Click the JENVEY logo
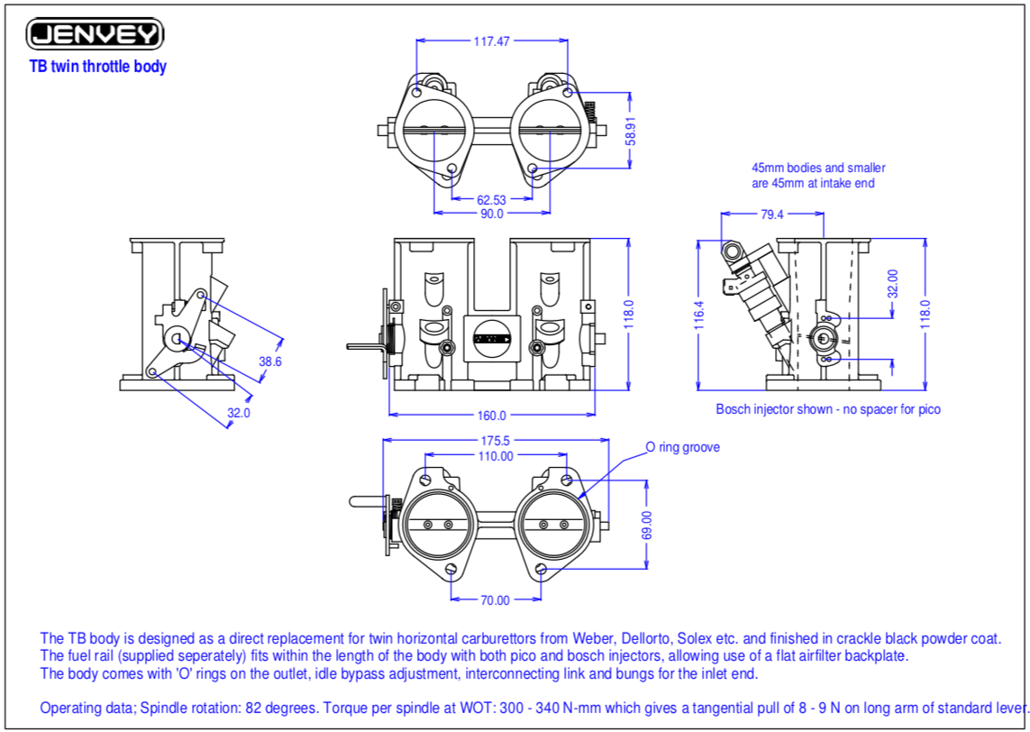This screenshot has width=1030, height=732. (96, 34)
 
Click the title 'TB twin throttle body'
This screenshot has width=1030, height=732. (98, 67)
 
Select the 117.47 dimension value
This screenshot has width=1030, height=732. (492, 41)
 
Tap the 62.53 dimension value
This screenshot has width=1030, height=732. (492, 198)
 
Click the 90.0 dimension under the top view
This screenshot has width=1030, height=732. (492, 214)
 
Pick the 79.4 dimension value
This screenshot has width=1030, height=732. (772, 215)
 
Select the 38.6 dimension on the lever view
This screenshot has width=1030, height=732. (270, 361)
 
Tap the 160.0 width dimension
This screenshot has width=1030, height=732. (492, 416)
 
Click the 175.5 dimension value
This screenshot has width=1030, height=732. (496, 441)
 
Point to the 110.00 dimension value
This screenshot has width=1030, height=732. (496, 456)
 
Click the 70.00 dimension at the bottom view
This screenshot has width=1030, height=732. (495, 599)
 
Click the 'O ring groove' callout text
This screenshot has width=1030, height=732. (682, 447)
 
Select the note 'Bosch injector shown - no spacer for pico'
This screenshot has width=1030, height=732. (828, 408)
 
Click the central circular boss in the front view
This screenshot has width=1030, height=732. (492, 338)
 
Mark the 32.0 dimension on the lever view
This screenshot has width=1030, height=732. (238, 413)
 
